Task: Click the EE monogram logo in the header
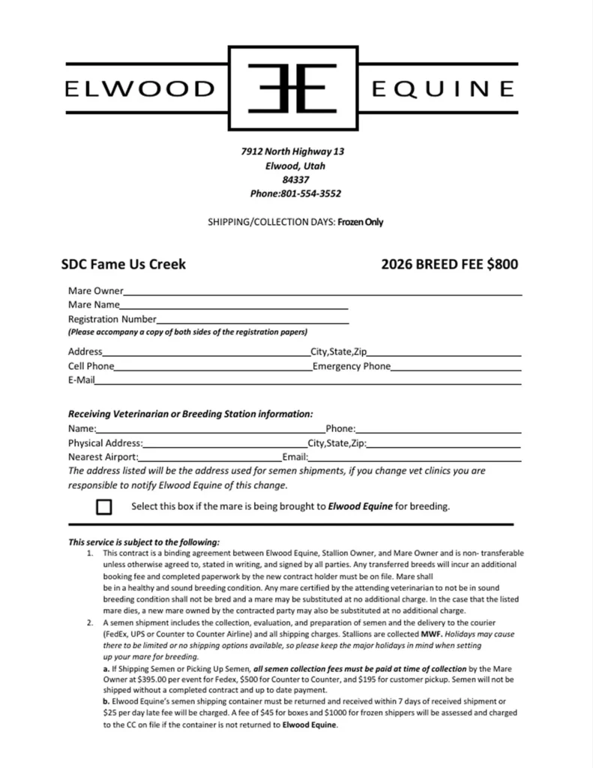(292, 88)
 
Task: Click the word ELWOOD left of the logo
(140, 89)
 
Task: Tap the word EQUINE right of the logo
(443, 89)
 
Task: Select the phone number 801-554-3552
(310, 193)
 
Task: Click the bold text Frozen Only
(361, 222)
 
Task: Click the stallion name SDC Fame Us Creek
(124, 264)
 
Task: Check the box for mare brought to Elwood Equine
(104, 507)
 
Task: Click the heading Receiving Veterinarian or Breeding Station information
(190, 413)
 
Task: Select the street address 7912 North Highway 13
(293, 151)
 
